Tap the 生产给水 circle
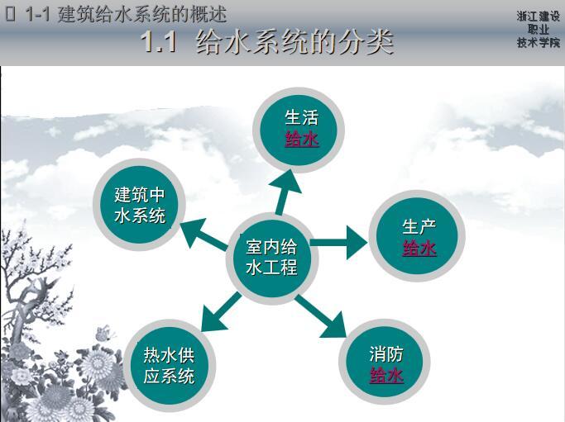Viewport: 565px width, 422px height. (419, 237)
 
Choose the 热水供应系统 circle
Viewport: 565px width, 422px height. (170, 365)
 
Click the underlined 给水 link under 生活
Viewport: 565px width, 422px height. (301, 139)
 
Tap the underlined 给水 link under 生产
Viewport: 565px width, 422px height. (419, 248)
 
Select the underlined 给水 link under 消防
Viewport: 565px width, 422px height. (385, 377)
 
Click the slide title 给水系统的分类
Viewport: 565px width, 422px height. (294, 43)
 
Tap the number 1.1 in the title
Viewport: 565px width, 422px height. (160, 43)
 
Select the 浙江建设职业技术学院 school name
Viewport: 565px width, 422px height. (538, 30)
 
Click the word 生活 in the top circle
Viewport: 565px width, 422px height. (301, 117)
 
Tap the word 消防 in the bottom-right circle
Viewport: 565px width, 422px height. (385, 355)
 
